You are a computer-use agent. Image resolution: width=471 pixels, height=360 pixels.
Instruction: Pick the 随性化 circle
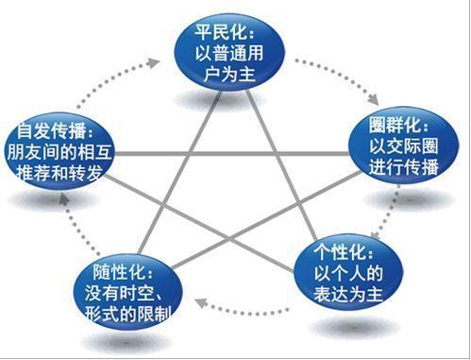(x=123, y=290)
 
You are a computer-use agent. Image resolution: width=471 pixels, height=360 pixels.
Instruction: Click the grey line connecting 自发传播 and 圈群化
(x=227, y=154)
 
